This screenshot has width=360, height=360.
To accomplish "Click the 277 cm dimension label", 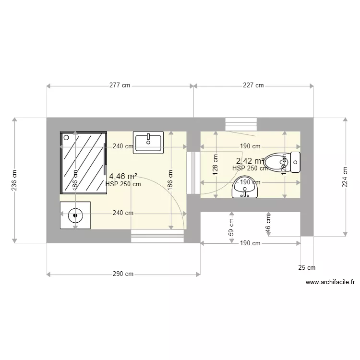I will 120,86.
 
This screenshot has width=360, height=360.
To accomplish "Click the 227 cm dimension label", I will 253,86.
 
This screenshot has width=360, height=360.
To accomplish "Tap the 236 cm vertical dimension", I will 14,180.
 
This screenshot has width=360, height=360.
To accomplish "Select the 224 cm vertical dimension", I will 345,177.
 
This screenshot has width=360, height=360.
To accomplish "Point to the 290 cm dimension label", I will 123,275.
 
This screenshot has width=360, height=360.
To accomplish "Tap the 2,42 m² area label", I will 250,161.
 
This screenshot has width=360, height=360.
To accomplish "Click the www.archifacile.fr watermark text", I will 330,283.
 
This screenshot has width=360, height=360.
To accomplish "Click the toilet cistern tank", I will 295,162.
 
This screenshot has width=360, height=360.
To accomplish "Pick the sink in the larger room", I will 149,142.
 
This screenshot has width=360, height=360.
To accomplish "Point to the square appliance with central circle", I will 75,215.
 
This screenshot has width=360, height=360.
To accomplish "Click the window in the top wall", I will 241,124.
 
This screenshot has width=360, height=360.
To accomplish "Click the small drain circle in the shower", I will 66,137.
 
